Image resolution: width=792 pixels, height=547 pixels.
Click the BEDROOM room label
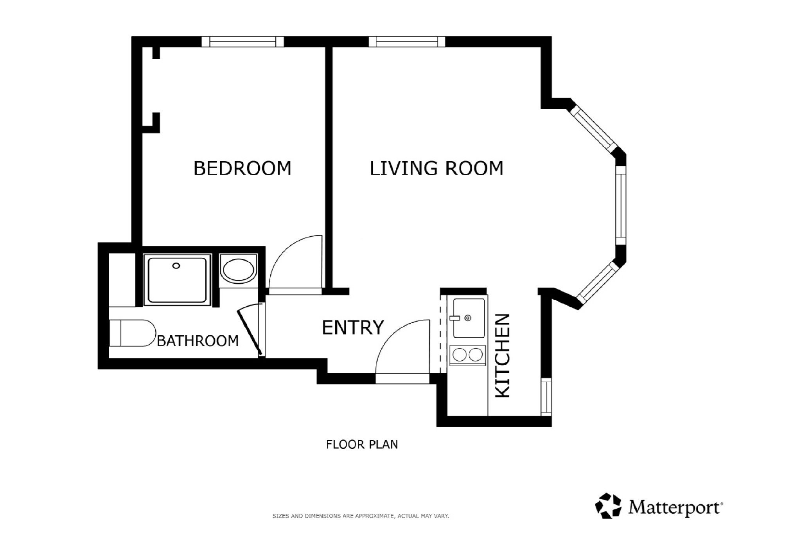[x=242, y=168]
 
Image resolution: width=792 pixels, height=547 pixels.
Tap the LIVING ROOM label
[x=436, y=168]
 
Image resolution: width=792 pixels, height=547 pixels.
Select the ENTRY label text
[x=353, y=327]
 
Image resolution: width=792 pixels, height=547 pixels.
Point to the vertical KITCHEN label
[x=503, y=356]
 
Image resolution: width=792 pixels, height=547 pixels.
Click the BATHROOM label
[x=198, y=341]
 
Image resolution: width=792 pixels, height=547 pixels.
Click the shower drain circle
[x=176, y=266]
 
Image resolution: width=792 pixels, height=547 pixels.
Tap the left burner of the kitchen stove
[x=460, y=355]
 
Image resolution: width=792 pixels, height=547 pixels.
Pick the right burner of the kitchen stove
[x=476, y=355]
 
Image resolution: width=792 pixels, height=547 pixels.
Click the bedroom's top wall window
[x=243, y=41]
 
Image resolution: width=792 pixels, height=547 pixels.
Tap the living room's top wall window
[x=407, y=41]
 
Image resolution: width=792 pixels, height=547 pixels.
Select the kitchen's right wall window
[x=546, y=396]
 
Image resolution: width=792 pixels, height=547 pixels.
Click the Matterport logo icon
[x=608, y=506]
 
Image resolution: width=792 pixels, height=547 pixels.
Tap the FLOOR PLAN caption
[x=362, y=444]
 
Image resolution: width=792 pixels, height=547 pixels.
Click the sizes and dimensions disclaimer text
[x=361, y=516]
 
